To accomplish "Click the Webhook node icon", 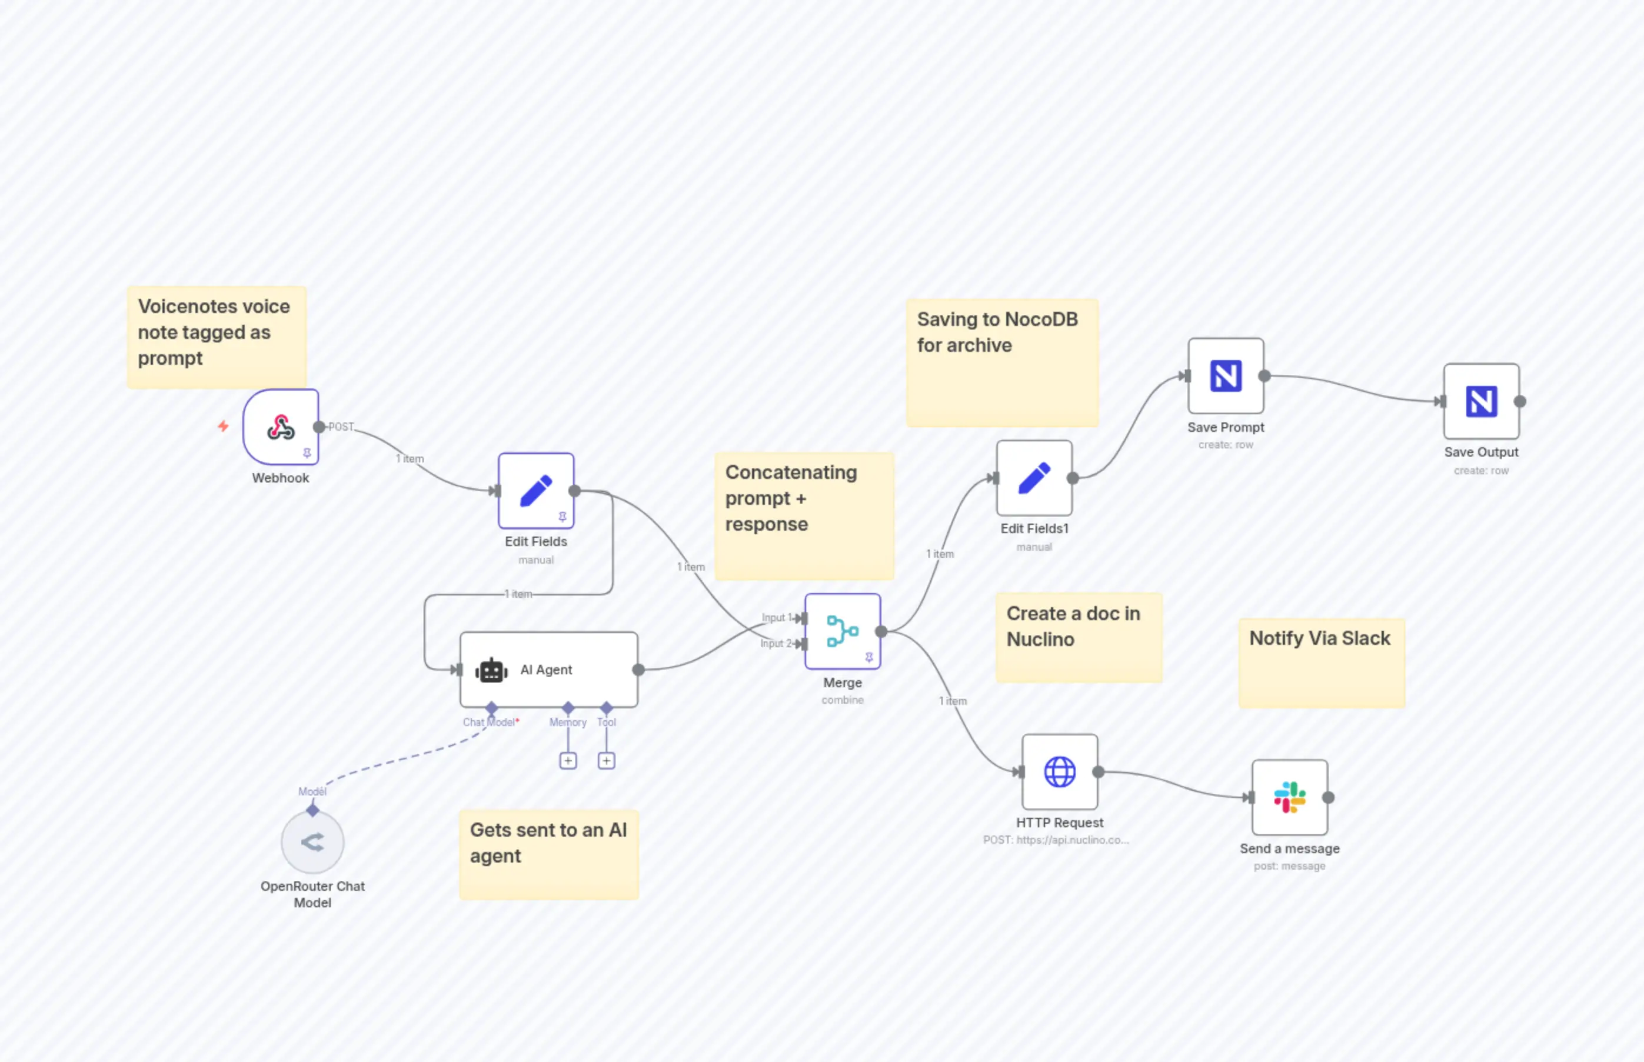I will pyautogui.click(x=281, y=427).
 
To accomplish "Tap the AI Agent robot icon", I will pyautogui.click(x=491, y=670).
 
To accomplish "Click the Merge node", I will pyautogui.click(x=842, y=631).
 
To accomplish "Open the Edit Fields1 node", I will pyautogui.click(x=1034, y=478).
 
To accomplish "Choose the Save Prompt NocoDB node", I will pyautogui.click(x=1226, y=376).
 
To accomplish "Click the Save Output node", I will pyautogui.click(x=1480, y=401).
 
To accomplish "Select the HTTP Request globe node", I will pyautogui.click(x=1059, y=772).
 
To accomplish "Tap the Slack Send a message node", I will pyautogui.click(x=1289, y=797).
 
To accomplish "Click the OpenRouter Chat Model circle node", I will pyautogui.click(x=312, y=842).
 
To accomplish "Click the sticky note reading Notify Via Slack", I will pyautogui.click(x=1320, y=662).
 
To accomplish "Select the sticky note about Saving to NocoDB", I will pyautogui.click(x=1001, y=362).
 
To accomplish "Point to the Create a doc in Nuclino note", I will pyautogui.click(x=1078, y=637).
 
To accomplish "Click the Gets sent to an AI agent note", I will pyautogui.click(x=548, y=854).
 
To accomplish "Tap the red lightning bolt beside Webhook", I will pyautogui.click(x=223, y=426).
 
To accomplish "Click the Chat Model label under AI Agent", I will pyautogui.click(x=489, y=722).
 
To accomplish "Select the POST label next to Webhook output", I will pyautogui.click(x=341, y=427).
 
